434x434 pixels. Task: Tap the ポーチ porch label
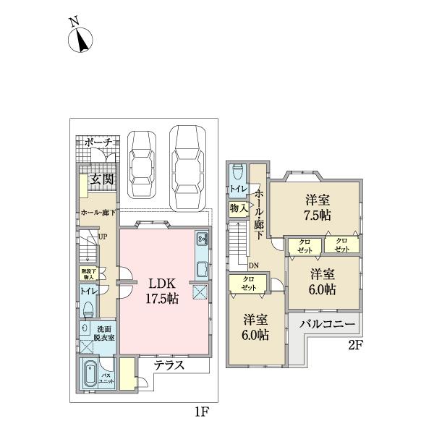pyautogui.click(x=98, y=143)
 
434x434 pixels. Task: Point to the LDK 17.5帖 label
pyautogui.click(x=162, y=289)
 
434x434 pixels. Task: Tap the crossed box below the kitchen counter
pyautogui.click(x=201, y=293)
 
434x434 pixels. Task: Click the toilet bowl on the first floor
pyautogui.click(x=87, y=309)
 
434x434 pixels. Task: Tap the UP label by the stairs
pyautogui.click(x=103, y=237)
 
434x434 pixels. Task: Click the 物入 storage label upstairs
pyautogui.click(x=237, y=208)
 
